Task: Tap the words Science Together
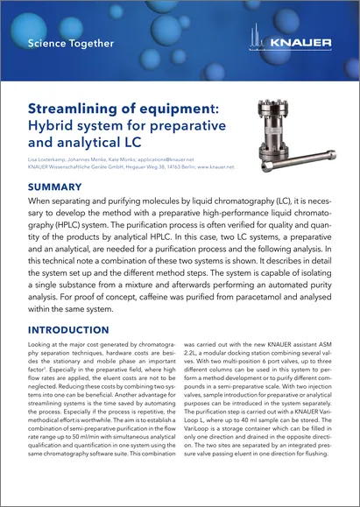[70, 43]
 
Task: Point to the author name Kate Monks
[131, 158]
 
